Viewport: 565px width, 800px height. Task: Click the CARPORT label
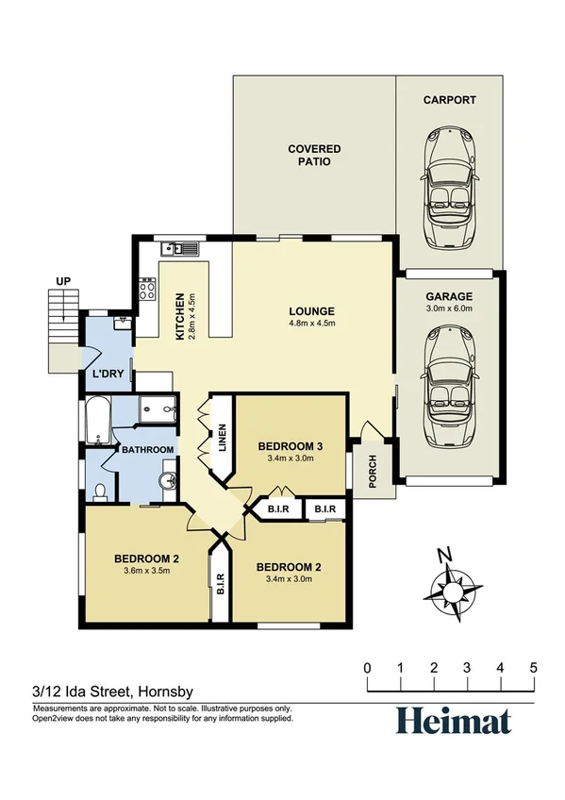coord(449,100)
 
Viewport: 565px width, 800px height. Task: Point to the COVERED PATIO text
coord(314,156)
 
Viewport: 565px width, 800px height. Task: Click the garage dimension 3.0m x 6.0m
coord(449,308)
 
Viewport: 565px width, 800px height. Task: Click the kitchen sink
coord(177,249)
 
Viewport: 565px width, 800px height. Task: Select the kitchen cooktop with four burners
coord(147,288)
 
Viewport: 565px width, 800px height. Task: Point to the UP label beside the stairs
coord(63,281)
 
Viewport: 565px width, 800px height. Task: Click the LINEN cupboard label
coord(223,438)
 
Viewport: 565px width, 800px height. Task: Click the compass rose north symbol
coord(454,588)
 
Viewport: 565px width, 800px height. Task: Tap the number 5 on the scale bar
coord(533,668)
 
